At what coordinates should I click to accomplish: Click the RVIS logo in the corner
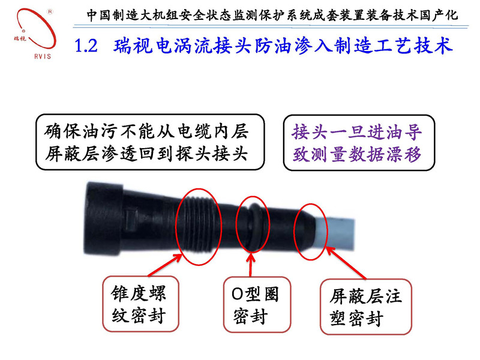tap(32, 30)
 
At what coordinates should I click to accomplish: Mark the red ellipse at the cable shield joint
tap(313, 230)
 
